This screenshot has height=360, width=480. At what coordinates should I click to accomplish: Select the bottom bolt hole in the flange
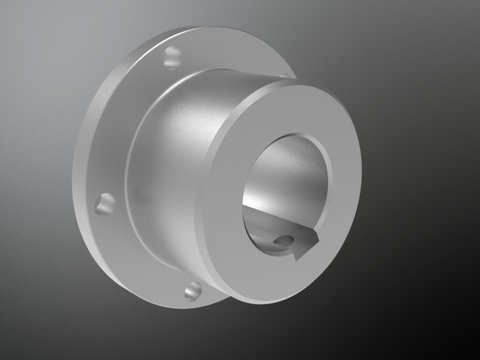pos(193,291)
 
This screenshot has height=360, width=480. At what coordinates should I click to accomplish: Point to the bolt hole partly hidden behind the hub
pos(285,76)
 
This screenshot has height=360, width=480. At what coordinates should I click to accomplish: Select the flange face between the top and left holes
pos(120,125)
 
